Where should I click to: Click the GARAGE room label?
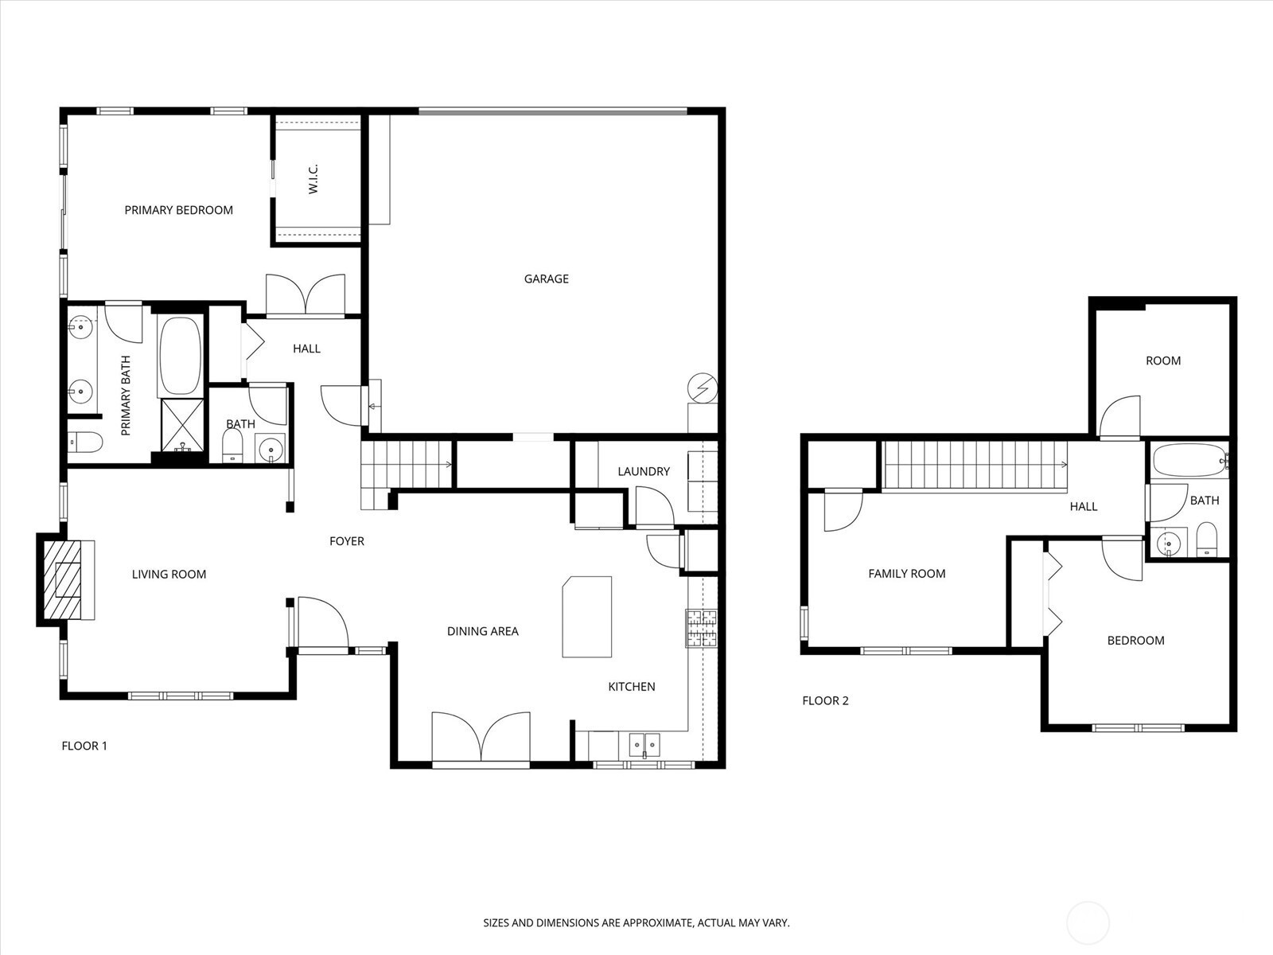[547, 279]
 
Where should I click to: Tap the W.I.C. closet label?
[313, 178]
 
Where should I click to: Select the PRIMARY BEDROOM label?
[179, 210]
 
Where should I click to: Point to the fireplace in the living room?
[66, 580]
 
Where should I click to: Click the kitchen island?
[587, 616]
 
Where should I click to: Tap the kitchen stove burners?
[702, 628]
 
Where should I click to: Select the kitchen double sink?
[644, 745]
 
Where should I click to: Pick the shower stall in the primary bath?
[182, 425]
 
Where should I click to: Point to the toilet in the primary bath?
[85, 442]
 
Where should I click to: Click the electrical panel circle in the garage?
[703, 388]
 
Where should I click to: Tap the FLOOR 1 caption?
[84, 746]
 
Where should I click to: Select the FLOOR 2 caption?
[825, 700]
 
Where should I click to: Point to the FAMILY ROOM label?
[907, 574]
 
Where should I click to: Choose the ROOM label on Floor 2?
[1163, 361]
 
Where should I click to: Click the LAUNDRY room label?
[644, 471]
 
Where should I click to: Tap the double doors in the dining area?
[481, 736]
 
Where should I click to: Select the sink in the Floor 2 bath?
[1169, 544]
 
